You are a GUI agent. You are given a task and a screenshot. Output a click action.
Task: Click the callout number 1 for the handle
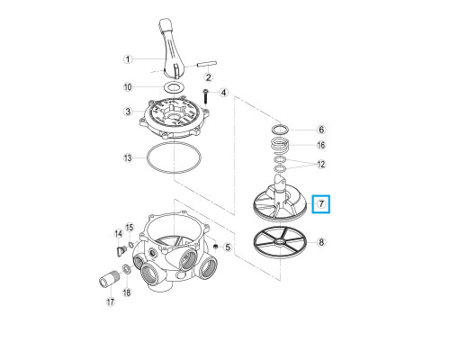[x=128, y=59]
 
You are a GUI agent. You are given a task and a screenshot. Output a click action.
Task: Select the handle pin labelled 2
[x=207, y=64]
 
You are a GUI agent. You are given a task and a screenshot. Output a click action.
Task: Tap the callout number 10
[x=128, y=87]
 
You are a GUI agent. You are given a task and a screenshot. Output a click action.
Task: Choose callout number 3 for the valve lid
[x=128, y=112]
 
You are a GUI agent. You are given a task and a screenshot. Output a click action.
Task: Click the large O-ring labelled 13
[x=174, y=157]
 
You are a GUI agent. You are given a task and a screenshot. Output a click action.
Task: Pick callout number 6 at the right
[x=321, y=130]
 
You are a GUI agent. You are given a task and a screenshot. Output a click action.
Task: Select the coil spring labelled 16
[x=280, y=145]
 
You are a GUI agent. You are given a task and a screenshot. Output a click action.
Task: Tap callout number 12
[x=321, y=164]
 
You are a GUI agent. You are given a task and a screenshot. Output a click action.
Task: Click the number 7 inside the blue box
[x=321, y=204]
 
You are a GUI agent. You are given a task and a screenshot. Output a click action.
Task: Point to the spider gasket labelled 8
[x=280, y=242]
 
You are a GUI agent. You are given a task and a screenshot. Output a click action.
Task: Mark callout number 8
[x=321, y=242]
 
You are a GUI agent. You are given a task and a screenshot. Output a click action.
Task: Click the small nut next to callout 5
[x=215, y=247]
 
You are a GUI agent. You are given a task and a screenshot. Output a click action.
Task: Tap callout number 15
[x=130, y=227]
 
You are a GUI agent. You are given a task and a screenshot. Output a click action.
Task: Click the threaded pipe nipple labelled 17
[x=109, y=278]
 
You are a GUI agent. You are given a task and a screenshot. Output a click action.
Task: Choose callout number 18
[x=127, y=292]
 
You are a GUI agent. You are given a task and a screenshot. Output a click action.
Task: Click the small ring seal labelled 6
[x=280, y=130]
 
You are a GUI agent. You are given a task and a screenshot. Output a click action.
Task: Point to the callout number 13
[x=128, y=157]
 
